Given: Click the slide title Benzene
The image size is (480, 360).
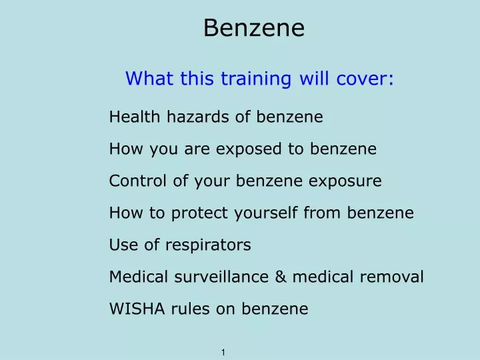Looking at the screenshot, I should [x=253, y=28].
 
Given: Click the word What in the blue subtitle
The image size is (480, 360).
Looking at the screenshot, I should [x=145, y=79].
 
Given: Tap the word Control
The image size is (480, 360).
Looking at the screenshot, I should [x=134, y=181].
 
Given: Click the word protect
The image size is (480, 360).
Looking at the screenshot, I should [x=197, y=213].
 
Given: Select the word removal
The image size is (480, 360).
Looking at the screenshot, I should [x=393, y=277].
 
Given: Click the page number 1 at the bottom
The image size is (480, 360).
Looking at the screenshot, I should [x=223, y=351].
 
